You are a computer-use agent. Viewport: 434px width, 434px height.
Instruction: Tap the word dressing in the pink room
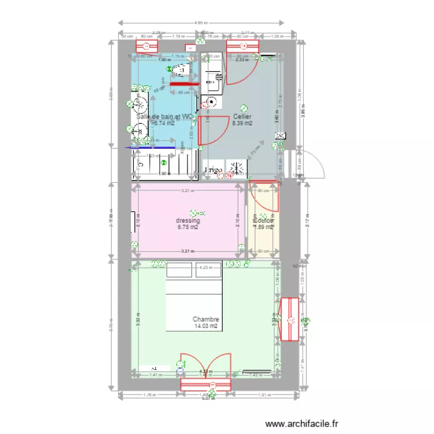coord(188,220)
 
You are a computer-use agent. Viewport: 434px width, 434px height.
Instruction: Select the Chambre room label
coord(205,319)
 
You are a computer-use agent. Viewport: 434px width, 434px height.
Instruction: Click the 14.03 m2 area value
coord(205,326)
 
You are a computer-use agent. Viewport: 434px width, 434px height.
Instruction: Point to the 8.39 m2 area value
coord(242,123)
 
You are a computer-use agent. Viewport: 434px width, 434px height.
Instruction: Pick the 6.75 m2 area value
coord(188,227)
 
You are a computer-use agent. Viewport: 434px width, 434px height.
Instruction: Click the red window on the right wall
coord(289,319)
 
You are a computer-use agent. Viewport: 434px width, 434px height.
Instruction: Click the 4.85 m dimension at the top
coord(200,23)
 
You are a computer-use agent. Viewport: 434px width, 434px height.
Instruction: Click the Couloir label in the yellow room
coord(263,220)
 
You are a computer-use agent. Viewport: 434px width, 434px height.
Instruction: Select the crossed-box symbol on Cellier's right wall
coord(281,136)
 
